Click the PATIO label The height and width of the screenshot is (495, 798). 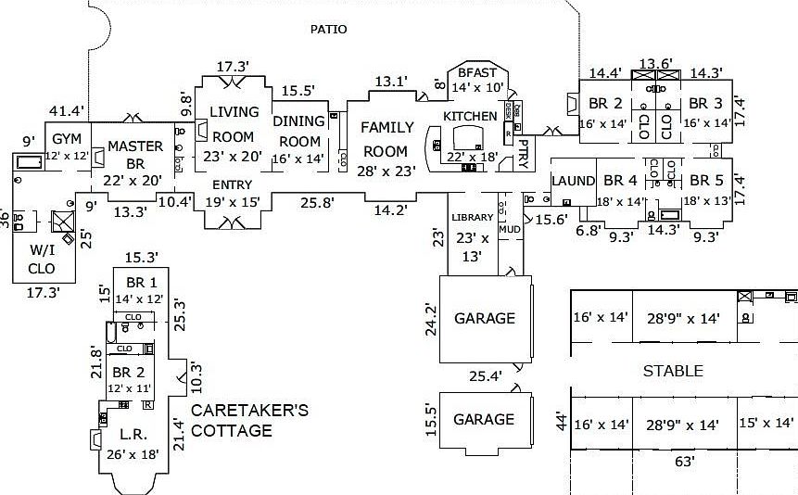(329, 30)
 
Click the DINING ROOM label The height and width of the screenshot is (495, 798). (298, 131)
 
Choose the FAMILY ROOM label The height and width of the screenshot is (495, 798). (386, 139)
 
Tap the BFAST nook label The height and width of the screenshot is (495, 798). (478, 73)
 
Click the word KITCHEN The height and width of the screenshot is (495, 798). (470, 116)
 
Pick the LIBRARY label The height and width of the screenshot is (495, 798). (473, 217)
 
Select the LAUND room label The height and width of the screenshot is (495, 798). (572, 181)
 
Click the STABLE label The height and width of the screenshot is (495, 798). (673, 371)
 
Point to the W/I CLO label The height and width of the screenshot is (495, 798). (42, 258)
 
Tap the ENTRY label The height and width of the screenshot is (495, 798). (232, 184)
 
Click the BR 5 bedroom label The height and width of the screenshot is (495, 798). (706, 181)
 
